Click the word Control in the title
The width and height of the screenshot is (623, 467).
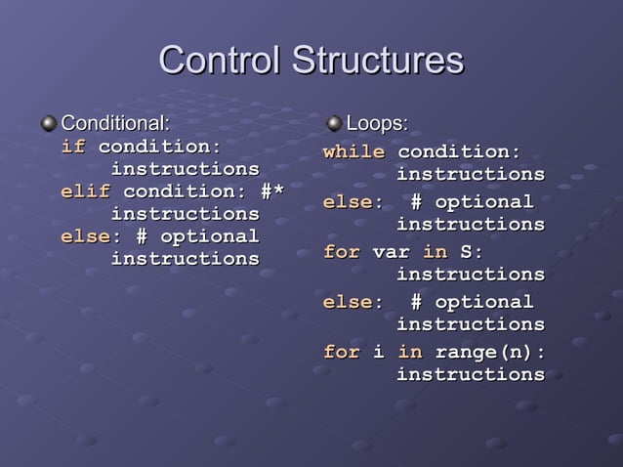point(213,61)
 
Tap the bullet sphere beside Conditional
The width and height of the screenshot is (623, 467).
point(49,123)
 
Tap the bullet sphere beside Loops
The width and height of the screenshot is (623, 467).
point(334,123)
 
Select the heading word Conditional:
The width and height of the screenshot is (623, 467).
point(115,123)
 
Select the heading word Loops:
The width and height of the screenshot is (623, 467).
point(378,123)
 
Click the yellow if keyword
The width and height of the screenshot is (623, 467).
point(73,147)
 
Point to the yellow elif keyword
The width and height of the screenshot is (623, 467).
point(85,191)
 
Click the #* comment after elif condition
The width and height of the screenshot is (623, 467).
point(271,191)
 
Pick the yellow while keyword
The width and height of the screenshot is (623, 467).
point(353,152)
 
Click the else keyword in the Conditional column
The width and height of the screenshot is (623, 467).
point(85,236)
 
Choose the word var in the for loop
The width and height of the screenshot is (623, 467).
point(391,252)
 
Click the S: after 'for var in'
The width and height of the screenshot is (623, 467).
point(472,252)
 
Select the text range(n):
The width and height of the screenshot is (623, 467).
point(489,352)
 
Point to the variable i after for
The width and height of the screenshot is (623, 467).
point(378,352)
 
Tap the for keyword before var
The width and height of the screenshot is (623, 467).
point(341,252)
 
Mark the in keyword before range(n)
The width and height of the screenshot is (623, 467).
point(409,352)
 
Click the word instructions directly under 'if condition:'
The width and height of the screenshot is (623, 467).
point(186,169)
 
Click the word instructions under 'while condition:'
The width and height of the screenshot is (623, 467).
point(470,175)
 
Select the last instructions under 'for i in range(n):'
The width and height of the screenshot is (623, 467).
point(470,374)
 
